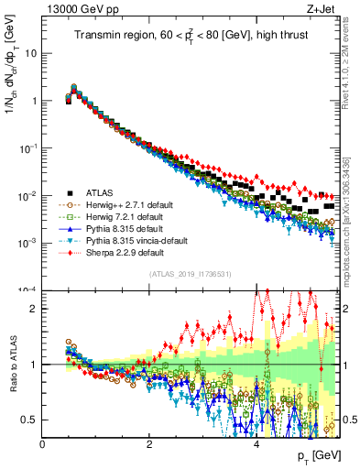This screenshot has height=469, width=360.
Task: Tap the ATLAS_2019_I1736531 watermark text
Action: point(190,273)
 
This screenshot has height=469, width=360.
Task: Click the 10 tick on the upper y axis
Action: point(31,53)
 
